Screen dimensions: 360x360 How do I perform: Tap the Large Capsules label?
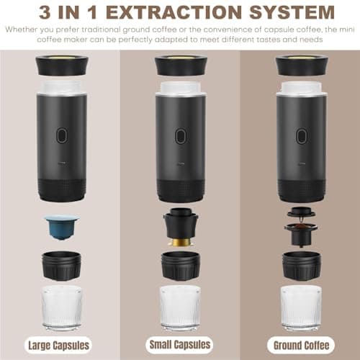pos(58,346)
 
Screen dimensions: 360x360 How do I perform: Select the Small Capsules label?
pos(179,345)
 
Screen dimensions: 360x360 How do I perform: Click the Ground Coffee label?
pos(301,346)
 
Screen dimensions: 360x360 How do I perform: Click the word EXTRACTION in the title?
pos(174,12)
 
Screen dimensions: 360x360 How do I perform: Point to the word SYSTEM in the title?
pos(292,12)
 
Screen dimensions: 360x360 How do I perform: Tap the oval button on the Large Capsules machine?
pos(62,135)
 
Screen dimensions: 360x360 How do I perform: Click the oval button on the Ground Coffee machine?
pos(301,136)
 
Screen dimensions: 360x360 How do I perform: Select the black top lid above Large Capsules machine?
pos(62,65)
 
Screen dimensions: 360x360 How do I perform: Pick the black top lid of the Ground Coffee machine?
pos(302,65)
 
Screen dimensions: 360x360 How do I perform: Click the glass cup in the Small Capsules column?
pos(180,307)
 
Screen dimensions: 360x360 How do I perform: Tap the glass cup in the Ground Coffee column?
pos(301,307)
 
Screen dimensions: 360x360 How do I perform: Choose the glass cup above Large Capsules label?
pos(62,307)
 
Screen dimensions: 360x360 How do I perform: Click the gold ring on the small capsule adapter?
pos(181,243)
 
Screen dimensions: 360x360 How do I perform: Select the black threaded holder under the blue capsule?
pos(61,266)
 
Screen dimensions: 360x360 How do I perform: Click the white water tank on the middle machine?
pos(180,89)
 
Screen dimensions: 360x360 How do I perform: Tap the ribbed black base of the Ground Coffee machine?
pos(302,190)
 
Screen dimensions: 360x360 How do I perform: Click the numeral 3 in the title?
pos(45,12)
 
